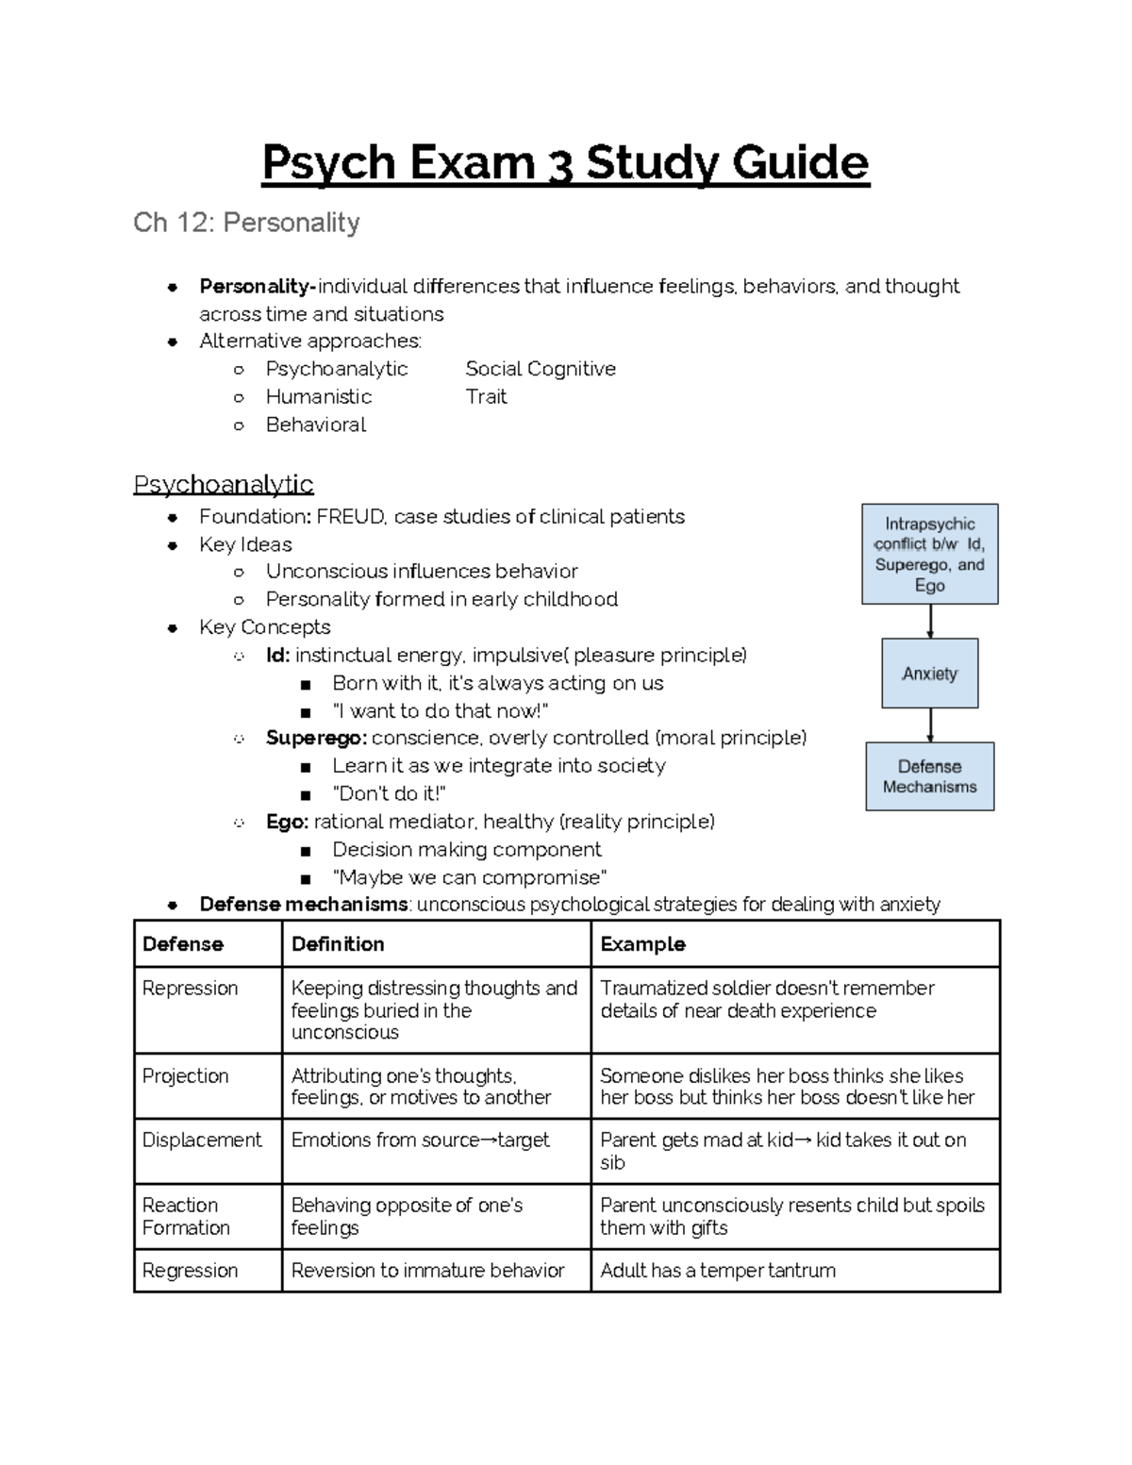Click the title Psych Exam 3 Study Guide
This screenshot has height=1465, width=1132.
565,162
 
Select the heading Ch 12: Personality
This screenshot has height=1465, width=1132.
246,223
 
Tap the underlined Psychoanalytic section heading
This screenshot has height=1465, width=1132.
223,484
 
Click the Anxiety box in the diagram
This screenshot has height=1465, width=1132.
929,674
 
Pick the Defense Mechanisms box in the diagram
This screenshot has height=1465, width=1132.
929,776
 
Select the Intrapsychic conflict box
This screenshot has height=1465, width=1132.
929,554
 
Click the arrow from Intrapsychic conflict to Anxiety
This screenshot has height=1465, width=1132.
930,621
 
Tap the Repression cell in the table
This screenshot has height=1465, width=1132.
190,988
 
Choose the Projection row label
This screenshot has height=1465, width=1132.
185,1075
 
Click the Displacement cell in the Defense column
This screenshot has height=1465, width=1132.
201,1140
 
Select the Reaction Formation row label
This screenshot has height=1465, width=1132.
186,1216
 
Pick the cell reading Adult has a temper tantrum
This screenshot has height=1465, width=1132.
718,1270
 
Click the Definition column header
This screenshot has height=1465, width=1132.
338,943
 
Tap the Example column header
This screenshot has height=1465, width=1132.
642,943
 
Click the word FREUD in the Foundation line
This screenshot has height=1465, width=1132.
350,516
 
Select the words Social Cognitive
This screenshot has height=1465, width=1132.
540,369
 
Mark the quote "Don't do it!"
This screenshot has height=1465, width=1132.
389,793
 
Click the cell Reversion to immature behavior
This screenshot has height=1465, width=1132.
427,1270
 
